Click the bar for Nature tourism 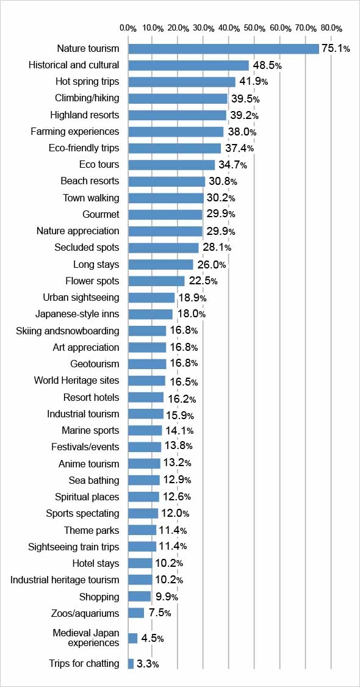[x=223, y=49]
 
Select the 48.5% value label [x=267, y=65]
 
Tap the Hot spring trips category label [x=87, y=81]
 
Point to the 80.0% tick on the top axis [x=331, y=28]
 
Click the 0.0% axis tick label [x=128, y=28]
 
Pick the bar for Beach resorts [x=167, y=181]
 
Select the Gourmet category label [x=101, y=214]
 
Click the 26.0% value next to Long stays [x=211, y=265]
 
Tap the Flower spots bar [x=156, y=281]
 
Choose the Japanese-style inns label [x=77, y=314]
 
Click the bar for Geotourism [x=147, y=364]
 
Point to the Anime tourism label [x=88, y=463]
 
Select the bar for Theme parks [x=142, y=530]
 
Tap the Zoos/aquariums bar [x=136, y=613]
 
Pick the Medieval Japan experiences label [x=86, y=638]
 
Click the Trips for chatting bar [x=131, y=663]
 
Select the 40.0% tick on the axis [x=229, y=28]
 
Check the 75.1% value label [x=336, y=49]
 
